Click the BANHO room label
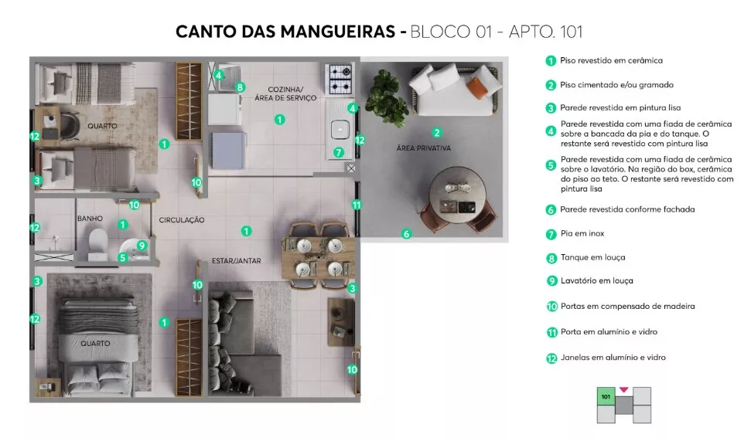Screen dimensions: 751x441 pos(90,218)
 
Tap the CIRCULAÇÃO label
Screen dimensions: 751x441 pos(182,220)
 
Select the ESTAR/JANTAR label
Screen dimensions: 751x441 pos(237,261)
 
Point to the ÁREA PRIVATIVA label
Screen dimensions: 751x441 pos(423,148)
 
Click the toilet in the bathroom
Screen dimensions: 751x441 pos(98,243)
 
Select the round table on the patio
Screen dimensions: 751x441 pos(457,195)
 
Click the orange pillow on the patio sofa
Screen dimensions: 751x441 pos(476,88)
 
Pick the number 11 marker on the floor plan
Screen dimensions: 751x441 pos(357,205)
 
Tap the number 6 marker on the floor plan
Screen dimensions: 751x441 pos(407,234)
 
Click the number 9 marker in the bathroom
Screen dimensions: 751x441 pos(142,246)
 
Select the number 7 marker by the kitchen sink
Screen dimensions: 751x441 pos(339,153)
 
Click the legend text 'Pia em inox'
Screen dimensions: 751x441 pos(582,233)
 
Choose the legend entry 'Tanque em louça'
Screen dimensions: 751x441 pos(593,257)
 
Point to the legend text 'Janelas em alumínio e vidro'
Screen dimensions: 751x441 pos(613,358)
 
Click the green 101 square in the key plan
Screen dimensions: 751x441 pos(606,396)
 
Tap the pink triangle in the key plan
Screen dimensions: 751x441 pos(623,390)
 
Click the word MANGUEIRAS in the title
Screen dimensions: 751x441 pos(338,32)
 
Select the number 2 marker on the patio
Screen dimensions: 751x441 pos(436,133)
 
